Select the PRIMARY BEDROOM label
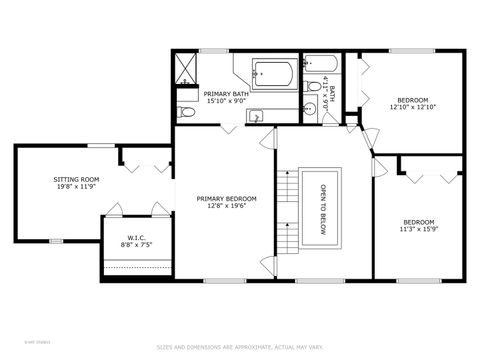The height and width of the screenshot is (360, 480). [226, 199]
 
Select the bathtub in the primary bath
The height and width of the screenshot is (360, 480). [272, 73]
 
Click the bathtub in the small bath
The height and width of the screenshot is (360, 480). [322, 68]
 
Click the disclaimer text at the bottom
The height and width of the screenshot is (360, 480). [239, 347]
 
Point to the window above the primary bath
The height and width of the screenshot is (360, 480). [212, 51]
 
